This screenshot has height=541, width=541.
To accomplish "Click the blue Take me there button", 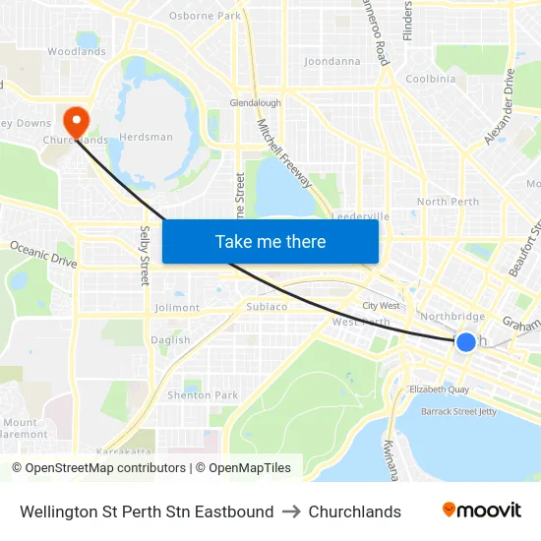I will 270,241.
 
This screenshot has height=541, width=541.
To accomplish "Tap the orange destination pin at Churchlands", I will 76,120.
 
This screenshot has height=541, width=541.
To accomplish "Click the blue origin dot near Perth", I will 465,341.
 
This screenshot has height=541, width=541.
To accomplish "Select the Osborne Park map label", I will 205,16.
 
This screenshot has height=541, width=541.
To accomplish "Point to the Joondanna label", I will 332,61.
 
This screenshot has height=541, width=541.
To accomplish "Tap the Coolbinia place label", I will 431,79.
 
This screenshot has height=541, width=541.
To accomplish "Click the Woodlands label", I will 77,51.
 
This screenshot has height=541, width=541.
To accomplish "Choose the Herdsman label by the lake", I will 146,137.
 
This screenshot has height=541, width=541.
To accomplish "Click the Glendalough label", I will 256,102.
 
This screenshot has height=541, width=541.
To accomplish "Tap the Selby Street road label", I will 145,254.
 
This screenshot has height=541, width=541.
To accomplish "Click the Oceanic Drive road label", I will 43,254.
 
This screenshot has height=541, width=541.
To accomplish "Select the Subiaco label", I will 266,307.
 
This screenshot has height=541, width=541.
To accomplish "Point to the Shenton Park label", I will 203,395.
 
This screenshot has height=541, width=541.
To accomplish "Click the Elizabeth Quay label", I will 440,390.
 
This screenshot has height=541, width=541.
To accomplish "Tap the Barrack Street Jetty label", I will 458,411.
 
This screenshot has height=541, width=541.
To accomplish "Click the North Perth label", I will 448,202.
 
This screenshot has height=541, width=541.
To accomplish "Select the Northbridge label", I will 452,317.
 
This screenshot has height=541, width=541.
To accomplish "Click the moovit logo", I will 482,511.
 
